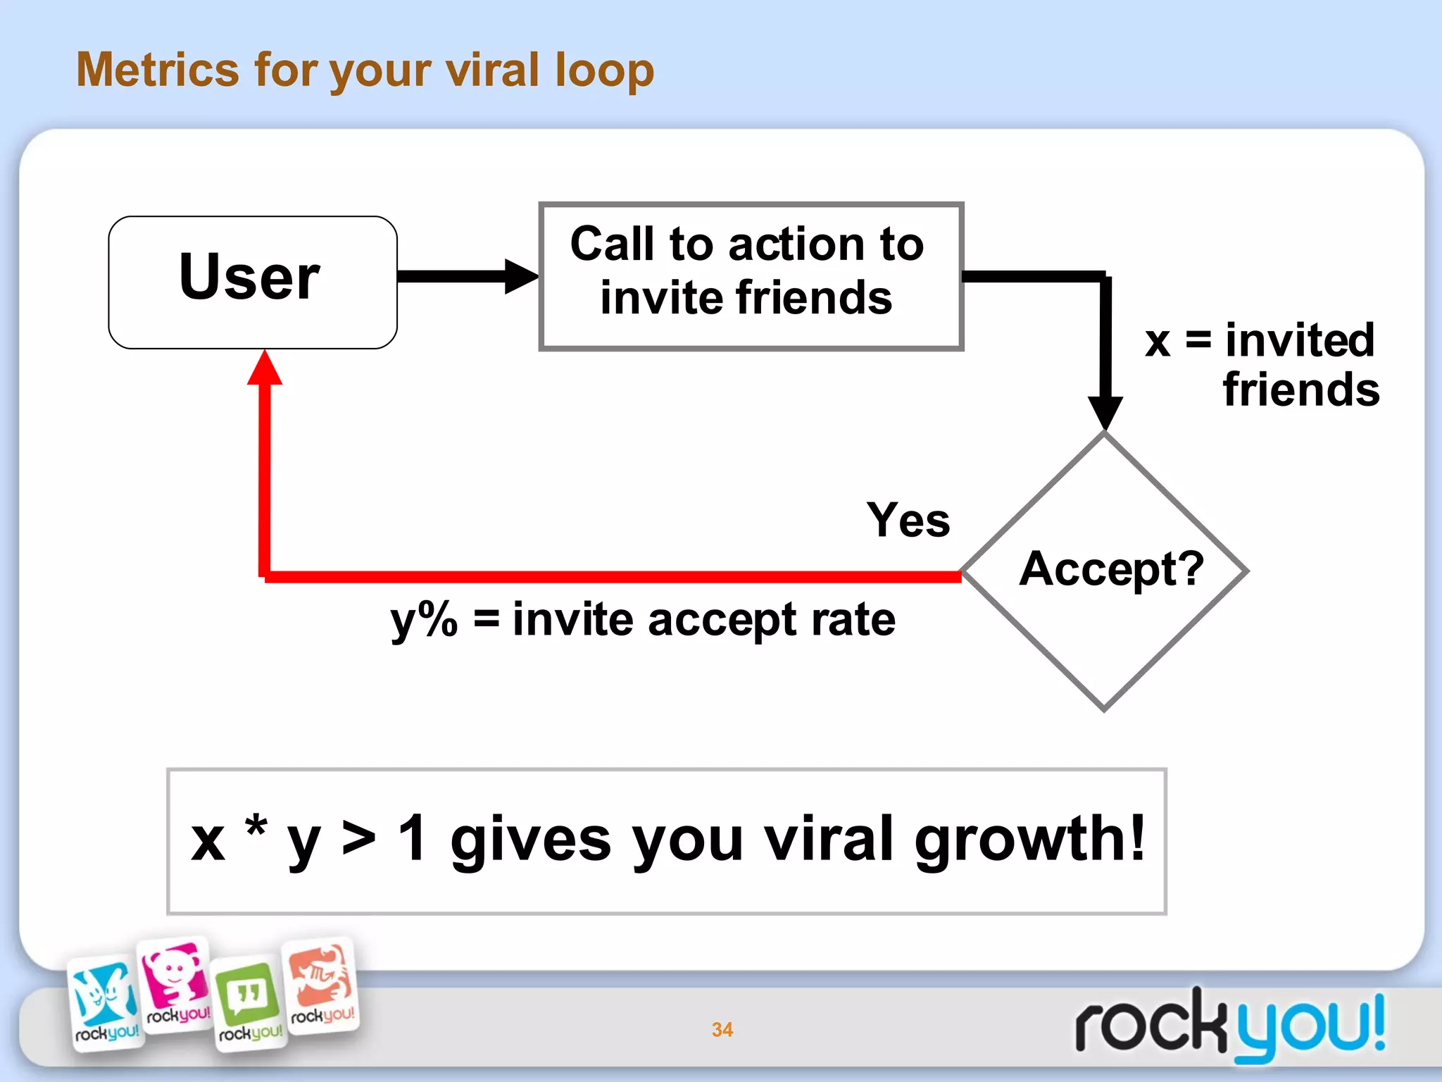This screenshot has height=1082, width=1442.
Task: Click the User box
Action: pyautogui.click(x=252, y=282)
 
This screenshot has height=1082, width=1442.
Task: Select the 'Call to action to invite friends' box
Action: pyautogui.click(x=750, y=276)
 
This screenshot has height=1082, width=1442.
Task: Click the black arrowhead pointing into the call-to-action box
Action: pyautogui.click(x=521, y=276)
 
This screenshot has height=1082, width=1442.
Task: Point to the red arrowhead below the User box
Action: pyautogui.click(x=265, y=368)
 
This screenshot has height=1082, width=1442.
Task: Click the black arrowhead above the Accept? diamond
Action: pyautogui.click(x=1105, y=412)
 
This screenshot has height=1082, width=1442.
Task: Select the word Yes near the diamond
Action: pyautogui.click(x=908, y=520)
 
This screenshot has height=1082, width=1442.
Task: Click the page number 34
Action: pyautogui.click(x=722, y=1029)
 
